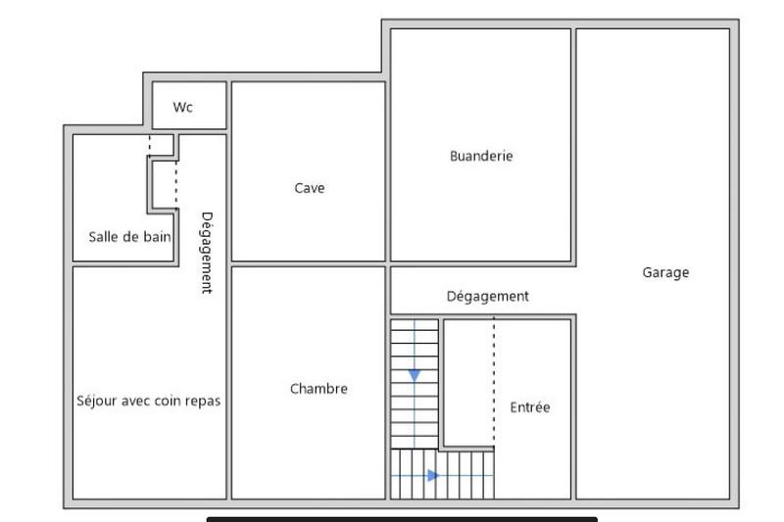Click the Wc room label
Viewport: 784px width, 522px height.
pos(183,108)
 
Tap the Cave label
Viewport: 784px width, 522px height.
pos(309,188)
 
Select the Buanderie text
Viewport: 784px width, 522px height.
pos(481,156)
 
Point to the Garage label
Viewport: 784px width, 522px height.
pos(665,273)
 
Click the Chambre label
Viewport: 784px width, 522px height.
pos(318,389)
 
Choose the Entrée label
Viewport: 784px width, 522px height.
pos(529,407)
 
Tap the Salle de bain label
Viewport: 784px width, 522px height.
pos(129,237)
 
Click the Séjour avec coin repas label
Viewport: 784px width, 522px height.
pos(148,401)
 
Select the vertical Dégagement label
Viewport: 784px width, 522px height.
pos(207,253)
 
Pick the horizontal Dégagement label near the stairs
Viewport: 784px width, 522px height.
pos(487,296)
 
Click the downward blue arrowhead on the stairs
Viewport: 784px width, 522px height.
pos(415,375)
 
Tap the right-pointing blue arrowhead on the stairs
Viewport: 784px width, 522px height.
pos(433,476)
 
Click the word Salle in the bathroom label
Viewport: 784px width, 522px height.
pos(103,237)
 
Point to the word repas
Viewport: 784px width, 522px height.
pos(203,402)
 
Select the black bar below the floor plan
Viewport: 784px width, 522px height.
pos(402,519)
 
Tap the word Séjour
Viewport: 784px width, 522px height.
pos(96,401)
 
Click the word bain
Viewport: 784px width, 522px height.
pos(157,237)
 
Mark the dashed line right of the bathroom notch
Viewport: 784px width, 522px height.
pos(176,181)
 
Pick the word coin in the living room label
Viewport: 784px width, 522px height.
pos(166,401)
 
